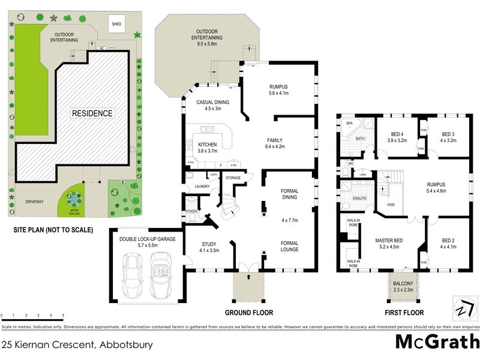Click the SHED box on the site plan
pyautogui.click(x=116, y=25)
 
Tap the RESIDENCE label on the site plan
pyautogui.click(x=92, y=113)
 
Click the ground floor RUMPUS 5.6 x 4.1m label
pyautogui.click(x=278, y=90)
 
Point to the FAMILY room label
pyautogui.click(x=275, y=142)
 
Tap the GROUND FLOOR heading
pyautogui.click(x=248, y=313)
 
